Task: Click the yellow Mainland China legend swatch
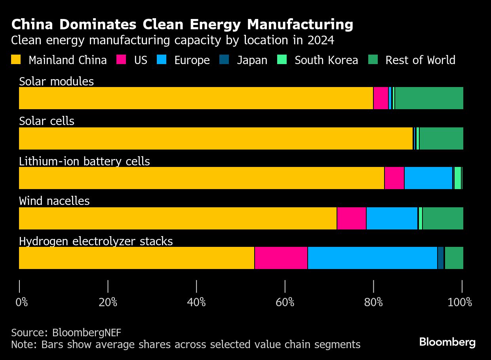[x=16, y=60]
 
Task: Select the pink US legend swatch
[x=121, y=60]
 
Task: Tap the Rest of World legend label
[x=420, y=60]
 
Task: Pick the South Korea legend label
[x=326, y=60]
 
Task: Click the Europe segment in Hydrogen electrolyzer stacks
[x=372, y=258]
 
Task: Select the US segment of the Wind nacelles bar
[x=351, y=218]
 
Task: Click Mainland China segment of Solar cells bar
[x=216, y=138]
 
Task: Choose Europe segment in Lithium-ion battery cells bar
[x=428, y=178]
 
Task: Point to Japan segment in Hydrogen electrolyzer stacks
[x=441, y=258]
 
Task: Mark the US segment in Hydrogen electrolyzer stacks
[x=281, y=258]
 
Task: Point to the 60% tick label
[x=285, y=303]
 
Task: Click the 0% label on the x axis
[x=22, y=303]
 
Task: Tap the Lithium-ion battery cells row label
[x=84, y=161]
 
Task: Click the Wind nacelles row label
[x=54, y=201]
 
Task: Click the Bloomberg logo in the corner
[x=447, y=342]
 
